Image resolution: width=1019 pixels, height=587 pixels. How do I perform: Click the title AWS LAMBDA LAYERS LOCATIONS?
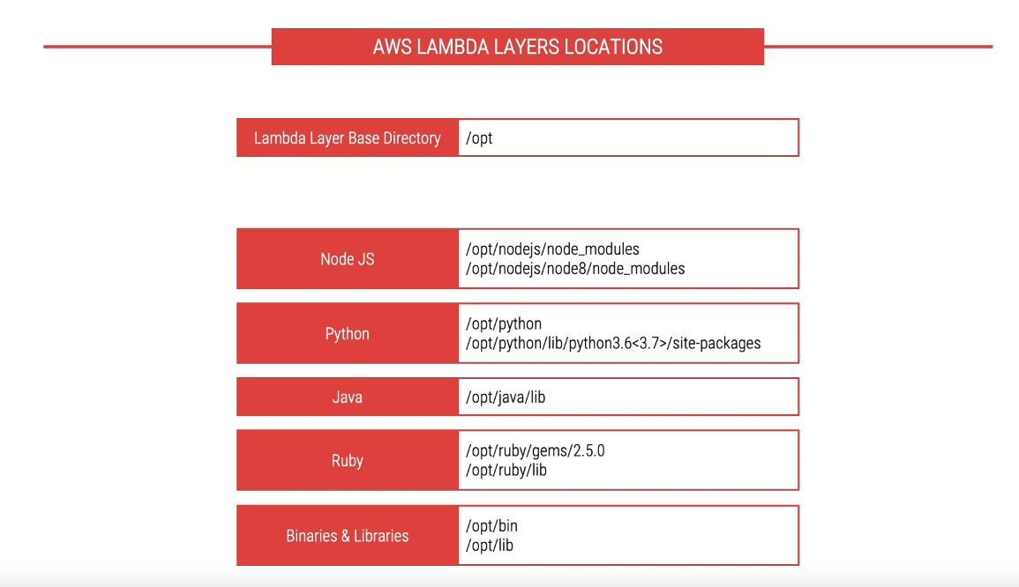(x=517, y=47)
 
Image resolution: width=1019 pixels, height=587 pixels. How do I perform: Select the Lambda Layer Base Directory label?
(x=347, y=138)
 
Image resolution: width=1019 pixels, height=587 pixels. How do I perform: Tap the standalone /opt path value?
(x=479, y=138)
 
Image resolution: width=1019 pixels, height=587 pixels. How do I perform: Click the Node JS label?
(x=347, y=259)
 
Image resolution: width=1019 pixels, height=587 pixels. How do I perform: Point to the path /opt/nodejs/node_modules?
(x=552, y=249)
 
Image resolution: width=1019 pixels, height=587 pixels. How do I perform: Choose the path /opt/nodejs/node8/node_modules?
(x=575, y=269)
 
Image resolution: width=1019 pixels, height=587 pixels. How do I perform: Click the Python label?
(x=347, y=334)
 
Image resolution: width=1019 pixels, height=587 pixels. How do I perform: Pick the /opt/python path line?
(x=504, y=324)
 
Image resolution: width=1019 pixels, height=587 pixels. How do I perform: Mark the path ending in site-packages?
(x=613, y=344)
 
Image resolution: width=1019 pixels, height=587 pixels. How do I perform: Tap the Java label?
(x=347, y=398)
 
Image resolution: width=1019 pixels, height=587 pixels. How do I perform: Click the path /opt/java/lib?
(x=506, y=398)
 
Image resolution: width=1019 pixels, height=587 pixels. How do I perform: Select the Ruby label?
(x=347, y=461)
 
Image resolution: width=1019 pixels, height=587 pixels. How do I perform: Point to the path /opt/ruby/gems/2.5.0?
(x=535, y=450)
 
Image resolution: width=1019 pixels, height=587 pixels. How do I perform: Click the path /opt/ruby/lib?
(x=506, y=470)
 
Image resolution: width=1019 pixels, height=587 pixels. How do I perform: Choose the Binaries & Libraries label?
(x=347, y=536)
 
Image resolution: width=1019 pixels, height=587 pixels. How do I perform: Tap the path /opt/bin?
(x=491, y=526)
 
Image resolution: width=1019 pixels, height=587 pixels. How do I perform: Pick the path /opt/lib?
(x=490, y=546)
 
